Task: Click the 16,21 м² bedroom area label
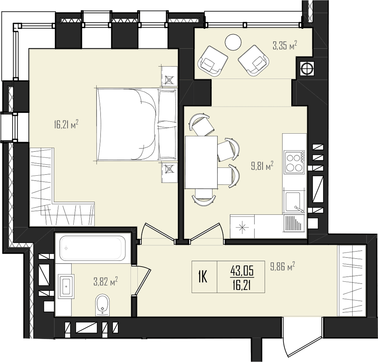[x=67, y=125]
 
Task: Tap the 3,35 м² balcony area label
[x=285, y=45]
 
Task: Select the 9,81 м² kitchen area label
[x=262, y=166]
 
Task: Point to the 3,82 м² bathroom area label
[x=105, y=281]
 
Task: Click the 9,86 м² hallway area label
[x=282, y=267]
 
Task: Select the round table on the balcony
[x=233, y=42]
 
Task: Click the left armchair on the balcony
[x=212, y=61]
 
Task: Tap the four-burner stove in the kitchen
[x=294, y=162]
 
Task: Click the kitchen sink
[x=293, y=202]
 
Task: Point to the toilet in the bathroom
[x=102, y=305]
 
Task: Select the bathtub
[x=91, y=248]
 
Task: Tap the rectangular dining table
[x=201, y=162]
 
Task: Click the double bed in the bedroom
[x=137, y=124]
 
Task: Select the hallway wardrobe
[x=352, y=280]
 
